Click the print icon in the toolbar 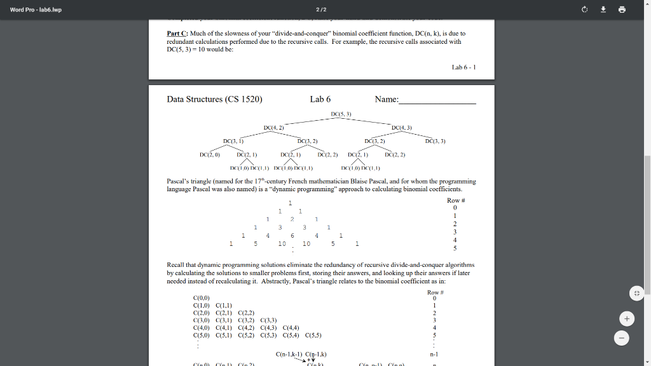(622, 10)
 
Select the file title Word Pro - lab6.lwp (36, 10)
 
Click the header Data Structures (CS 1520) (214, 99)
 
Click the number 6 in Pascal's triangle (292, 235)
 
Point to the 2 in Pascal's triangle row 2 (292, 219)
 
